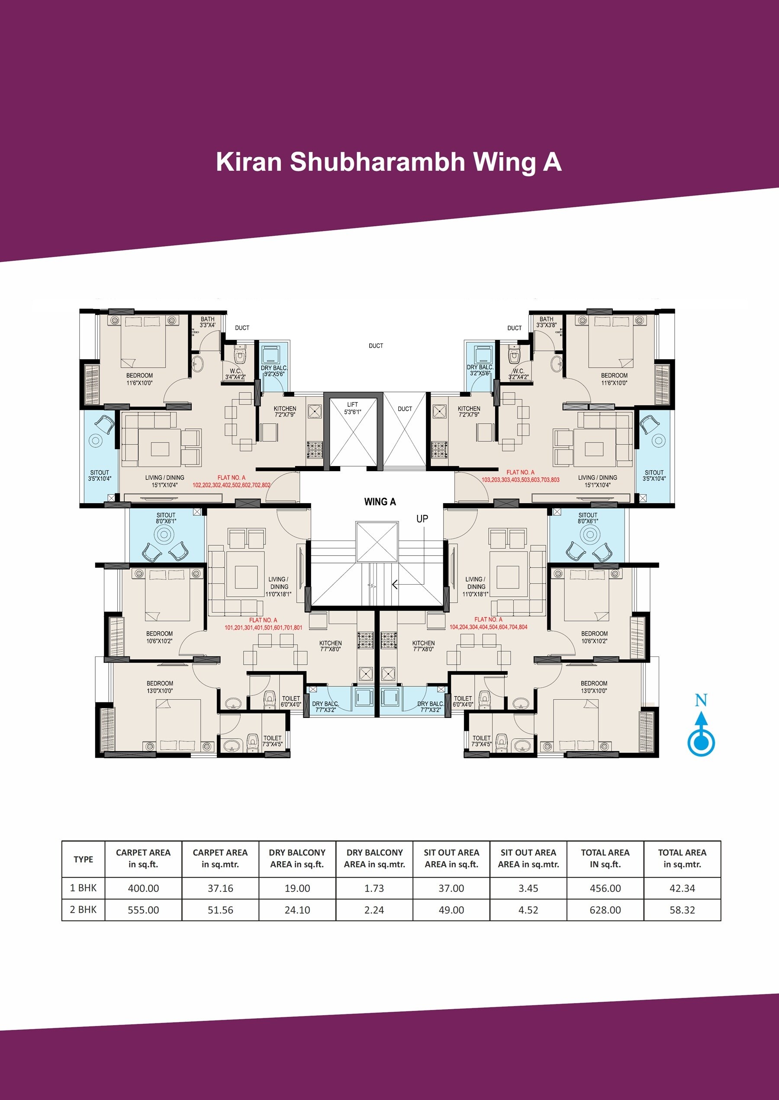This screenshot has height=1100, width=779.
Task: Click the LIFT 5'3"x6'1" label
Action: click(352, 408)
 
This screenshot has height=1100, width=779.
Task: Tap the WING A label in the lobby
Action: click(380, 502)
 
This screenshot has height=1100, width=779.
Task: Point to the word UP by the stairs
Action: click(422, 519)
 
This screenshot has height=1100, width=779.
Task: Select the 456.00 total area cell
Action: click(605, 888)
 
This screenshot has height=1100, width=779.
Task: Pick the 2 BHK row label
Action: click(83, 910)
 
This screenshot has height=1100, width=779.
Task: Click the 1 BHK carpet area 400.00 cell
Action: click(143, 888)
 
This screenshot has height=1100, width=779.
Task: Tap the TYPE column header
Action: click(83, 859)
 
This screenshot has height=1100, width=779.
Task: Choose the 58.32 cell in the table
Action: click(682, 910)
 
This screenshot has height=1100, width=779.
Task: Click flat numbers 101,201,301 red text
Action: click(263, 627)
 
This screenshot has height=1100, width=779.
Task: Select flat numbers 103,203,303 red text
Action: click(521, 479)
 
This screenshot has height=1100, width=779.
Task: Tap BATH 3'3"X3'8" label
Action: click(546, 322)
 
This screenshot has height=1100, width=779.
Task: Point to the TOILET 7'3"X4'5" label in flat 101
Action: click(273, 741)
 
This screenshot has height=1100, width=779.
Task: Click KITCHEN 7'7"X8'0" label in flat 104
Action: click(423, 646)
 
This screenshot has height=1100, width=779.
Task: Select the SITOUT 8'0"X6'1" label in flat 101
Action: click(166, 518)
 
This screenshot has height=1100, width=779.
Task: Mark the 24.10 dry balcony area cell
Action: click(297, 910)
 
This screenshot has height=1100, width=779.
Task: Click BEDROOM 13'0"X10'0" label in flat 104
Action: click(594, 687)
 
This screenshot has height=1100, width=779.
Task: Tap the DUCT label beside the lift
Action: click(405, 409)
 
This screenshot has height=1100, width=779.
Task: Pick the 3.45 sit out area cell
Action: click(528, 888)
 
